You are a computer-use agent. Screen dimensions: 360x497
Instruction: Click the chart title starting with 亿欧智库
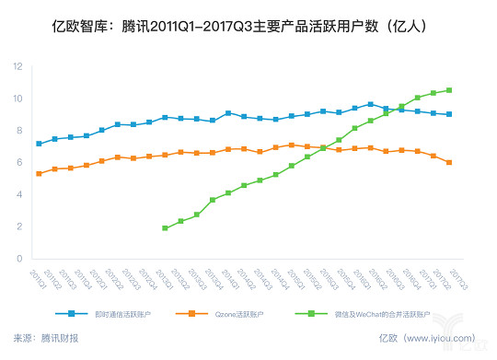pyautogui.click(x=248, y=28)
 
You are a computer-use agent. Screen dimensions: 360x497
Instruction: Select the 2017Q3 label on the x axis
pyautogui.click(x=469, y=275)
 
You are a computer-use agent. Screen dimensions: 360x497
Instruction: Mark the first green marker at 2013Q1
pyautogui.click(x=165, y=227)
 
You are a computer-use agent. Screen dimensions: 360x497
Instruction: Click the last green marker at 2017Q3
pyautogui.click(x=475, y=90)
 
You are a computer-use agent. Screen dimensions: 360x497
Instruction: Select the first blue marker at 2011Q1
pyautogui.click(x=39, y=144)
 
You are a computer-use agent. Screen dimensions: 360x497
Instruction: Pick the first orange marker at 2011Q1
pyautogui.click(x=39, y=173)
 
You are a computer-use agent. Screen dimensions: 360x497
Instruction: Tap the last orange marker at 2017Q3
pyautogui.click(x=475, y=162)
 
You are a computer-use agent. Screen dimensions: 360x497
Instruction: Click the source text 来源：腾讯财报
pyautogui.click(x=47, y=338)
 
